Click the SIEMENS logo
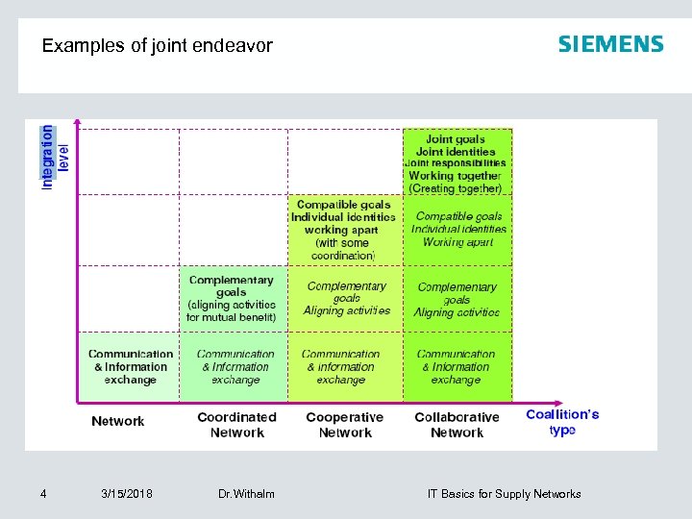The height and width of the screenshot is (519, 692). coord(610,44)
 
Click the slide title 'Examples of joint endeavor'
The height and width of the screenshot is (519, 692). coord(158,45)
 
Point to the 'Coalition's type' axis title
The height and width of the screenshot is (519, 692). coord(562,422)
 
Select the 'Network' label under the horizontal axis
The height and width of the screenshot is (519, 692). coord(118,421)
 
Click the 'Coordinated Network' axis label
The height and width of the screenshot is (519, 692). coord(236,425)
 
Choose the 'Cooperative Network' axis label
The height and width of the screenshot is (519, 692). coord(344,425)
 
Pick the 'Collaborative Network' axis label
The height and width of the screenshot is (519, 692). coord(457,425)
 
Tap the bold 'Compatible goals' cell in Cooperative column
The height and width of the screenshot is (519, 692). coord(343,230)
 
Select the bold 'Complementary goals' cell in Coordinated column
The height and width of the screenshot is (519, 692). coord(231,298)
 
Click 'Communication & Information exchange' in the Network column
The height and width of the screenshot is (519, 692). coord(131,366)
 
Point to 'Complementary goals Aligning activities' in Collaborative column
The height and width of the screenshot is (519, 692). coord(457,299)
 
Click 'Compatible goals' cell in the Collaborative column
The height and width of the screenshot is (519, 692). coord(458,229)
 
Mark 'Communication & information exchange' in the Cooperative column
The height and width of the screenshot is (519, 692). coord(341,366)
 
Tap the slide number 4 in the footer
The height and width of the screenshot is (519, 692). coord(43,494)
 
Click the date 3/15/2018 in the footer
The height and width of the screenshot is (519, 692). coord(126,494)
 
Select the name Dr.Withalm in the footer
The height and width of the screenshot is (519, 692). coord(246,494)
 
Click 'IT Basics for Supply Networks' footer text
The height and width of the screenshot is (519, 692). coord(504,494)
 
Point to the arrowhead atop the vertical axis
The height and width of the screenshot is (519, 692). coord(78,124)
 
